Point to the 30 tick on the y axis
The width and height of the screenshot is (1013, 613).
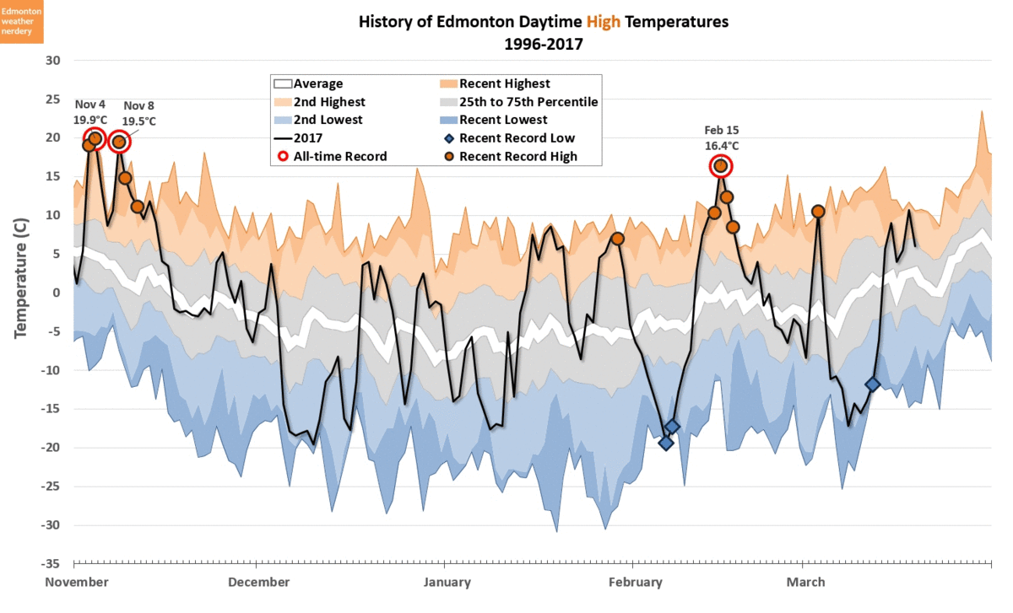(53, 60)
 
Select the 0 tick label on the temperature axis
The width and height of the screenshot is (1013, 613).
(57, 293)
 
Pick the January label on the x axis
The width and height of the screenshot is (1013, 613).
(447, 582)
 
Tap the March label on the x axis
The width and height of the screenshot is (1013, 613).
(805, 582)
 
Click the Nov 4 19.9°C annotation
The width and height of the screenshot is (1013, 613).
(91, 111)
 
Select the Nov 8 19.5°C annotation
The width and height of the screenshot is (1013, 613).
(139, 113)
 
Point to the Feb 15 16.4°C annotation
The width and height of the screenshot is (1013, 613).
(722, 137)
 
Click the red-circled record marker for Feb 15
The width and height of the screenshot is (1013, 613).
(720, 166)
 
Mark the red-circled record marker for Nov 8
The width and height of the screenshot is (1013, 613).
(119, 142)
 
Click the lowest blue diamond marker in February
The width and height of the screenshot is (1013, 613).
(666, 443)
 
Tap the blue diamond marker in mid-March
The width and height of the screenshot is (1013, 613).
(873, 384)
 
